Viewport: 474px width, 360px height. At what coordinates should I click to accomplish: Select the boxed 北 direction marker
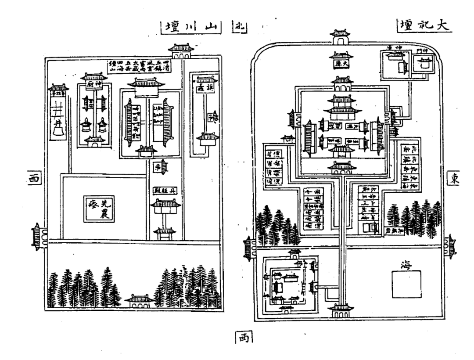(x=239, y=28)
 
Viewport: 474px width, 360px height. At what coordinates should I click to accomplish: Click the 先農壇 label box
(x=100, y=209)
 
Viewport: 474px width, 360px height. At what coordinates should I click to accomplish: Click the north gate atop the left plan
(x=181, y=50)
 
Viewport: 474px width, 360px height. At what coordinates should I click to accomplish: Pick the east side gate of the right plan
(x=449, y=248)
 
